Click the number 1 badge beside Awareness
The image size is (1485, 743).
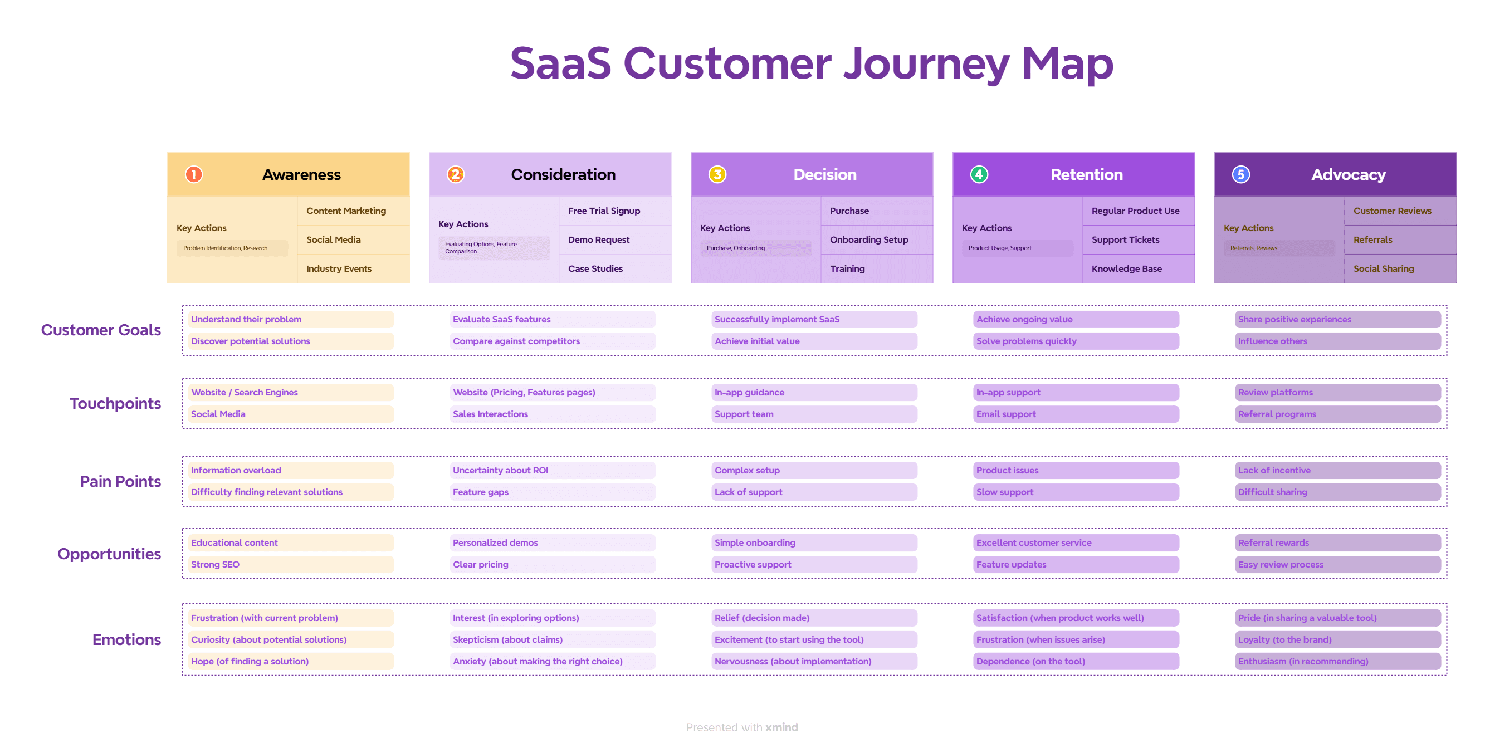coord(194,174)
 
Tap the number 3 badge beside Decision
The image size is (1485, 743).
coord(717,174)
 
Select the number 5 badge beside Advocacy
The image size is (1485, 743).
coord(1240,174)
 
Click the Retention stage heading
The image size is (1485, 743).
coord(1086,174)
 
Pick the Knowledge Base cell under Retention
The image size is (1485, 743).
coord(1126,268)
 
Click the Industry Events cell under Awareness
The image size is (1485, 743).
coord(339,268)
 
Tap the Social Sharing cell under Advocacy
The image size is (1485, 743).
coord(1384,268)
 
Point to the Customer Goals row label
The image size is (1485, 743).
coord(101,330)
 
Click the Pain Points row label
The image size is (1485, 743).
coord(120,481)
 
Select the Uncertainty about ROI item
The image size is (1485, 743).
coord(500,470)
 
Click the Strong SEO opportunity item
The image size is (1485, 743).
coord(215,564)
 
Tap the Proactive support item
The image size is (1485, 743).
coord(753,564)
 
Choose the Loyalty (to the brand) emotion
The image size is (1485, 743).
coord(1285,639)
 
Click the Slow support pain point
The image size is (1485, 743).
coord(1005,492)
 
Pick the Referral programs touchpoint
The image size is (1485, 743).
coord(1277,414)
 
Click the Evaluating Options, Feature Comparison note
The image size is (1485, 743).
coord(481,248)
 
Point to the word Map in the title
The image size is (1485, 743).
coord(1067,63)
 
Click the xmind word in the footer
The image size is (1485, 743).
coord(781,727)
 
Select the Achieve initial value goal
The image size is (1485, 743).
coord(757,341)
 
